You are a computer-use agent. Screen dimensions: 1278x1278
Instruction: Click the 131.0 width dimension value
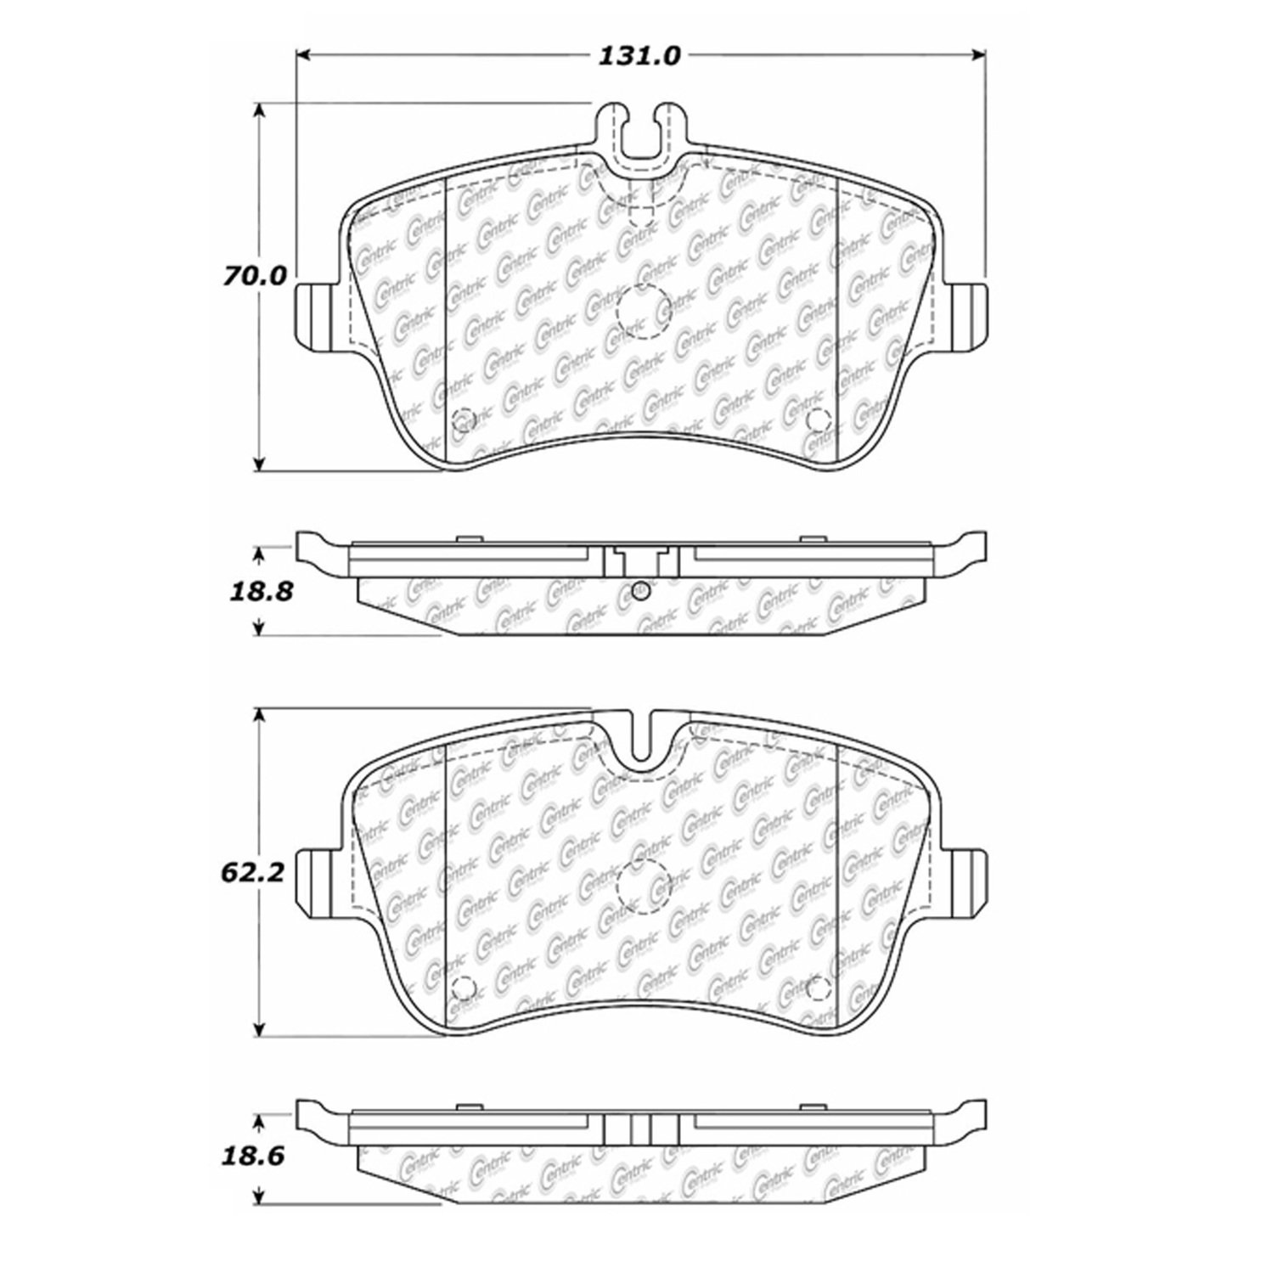tap(640, 57)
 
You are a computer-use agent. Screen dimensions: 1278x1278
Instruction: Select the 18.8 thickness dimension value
tap(261, 592)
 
